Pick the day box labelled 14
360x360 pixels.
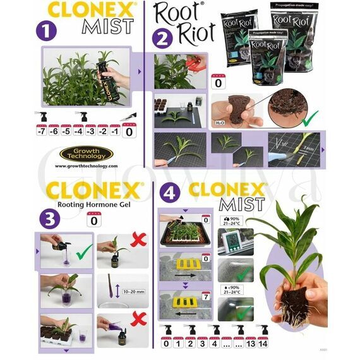pos(263,343)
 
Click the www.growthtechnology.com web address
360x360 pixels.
pos(86,166)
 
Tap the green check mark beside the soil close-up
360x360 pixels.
pos(309,116)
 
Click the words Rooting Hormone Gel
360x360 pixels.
pos(94,203)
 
